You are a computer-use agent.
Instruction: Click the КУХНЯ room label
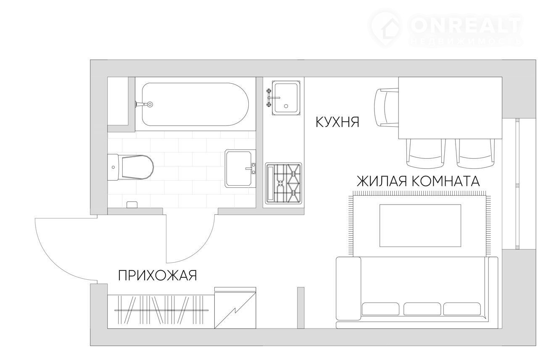(338, 122)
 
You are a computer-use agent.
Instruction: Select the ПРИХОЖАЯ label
(158, 275)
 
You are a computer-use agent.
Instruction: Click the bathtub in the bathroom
(195, 104)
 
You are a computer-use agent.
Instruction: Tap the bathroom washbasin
(240, 168)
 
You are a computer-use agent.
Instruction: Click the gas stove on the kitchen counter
(284, 183)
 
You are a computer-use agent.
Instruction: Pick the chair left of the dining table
(387, 108)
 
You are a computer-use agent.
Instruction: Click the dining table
(450, 108)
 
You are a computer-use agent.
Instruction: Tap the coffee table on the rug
(420, 226)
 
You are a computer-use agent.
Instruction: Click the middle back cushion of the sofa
(422, 309)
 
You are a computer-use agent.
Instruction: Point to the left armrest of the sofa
(348, 289)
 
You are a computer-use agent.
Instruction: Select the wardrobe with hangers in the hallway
(161, 312)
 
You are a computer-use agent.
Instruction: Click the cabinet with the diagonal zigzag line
(235, 307)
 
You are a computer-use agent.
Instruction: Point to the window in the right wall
(517, 184)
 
